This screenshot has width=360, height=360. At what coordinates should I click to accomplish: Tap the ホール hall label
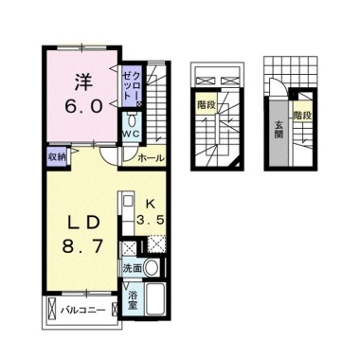151,160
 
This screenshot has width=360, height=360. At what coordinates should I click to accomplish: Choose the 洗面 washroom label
133,268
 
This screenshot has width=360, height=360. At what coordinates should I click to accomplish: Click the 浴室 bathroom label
134,300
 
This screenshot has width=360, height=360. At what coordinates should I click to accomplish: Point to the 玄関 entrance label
279,130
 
